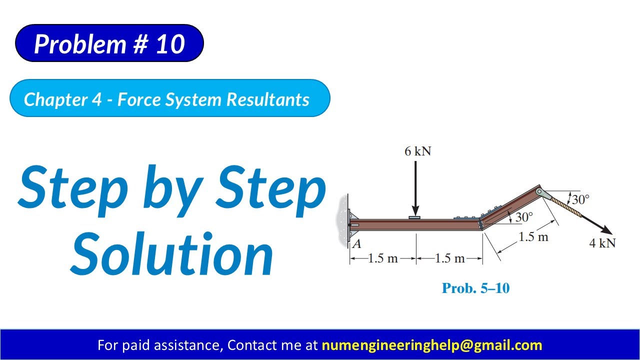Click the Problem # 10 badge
(109, 44)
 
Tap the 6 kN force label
(417, 151)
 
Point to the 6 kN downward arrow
(415, 187)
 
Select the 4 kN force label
(602, 243)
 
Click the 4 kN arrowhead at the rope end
(606, 230)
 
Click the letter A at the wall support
(357, 244)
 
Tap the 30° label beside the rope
(580, 199)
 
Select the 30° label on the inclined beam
(523, 217)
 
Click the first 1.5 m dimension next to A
(383, 258)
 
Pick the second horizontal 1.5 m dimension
(449, 258)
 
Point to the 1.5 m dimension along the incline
(533, 236)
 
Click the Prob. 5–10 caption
(475, 288)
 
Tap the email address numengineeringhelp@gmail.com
(431, 345)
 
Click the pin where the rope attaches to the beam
(539, 192)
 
